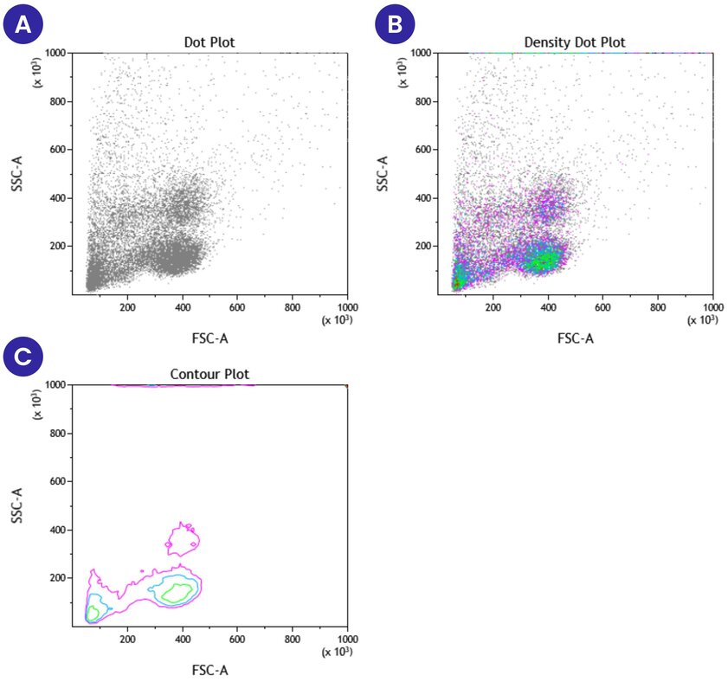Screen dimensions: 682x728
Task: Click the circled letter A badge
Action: pos(24,24)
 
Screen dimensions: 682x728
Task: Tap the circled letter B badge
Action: pos(395,24)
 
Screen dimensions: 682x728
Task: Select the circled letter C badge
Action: pos(24,357)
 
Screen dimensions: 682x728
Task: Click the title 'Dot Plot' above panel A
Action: pos(209,42)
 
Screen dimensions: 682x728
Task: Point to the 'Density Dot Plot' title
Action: pos(575,42)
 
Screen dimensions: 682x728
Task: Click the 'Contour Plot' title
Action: pos(209,374)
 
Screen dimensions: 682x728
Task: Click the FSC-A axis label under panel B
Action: pos(575,338)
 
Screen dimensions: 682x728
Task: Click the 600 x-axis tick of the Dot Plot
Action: pos(237,306)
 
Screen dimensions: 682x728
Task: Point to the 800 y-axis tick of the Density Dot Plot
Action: pos(422,101)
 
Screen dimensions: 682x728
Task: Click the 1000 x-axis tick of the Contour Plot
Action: pos(346,639)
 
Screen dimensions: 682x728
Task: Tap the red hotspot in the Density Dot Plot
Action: pos(456,283)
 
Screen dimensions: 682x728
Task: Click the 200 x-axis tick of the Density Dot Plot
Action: pos(493,306)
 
